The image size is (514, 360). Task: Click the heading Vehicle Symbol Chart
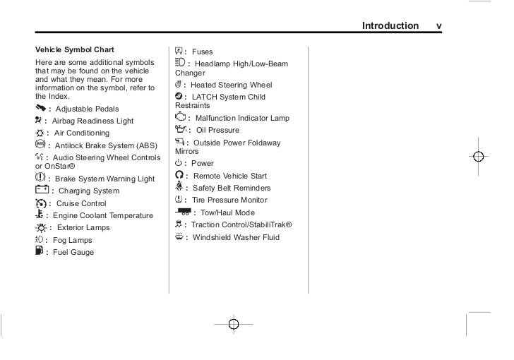click(74, 49)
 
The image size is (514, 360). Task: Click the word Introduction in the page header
click(390, 26)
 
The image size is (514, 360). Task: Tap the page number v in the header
click(439, 26)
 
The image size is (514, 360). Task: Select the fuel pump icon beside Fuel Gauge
click(39, 251)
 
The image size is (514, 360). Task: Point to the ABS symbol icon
click(40, 144)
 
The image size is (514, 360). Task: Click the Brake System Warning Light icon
click(40, 178)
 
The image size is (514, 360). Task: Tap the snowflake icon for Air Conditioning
click(40, 133)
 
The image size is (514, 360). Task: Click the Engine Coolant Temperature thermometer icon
click(40, 215)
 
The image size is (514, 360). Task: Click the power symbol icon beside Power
click(178, 163)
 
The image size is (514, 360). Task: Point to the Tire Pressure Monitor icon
click(179, 200)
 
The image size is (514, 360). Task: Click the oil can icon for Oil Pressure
click(180, 130)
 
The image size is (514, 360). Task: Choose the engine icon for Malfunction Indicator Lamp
click(180, 116)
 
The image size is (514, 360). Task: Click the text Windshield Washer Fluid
click(236, 237)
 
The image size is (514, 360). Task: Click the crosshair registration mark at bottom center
click(234, 324)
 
